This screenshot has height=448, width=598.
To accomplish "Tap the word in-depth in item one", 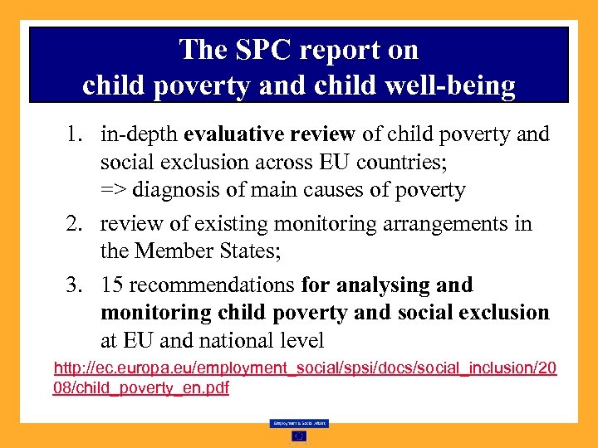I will [x=139, y=134].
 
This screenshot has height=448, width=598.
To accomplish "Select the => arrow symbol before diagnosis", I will [x=114, y=190].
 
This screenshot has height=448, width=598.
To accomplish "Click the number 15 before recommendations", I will [x=112, y=285].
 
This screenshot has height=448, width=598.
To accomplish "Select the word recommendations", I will [x=212, y=285].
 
